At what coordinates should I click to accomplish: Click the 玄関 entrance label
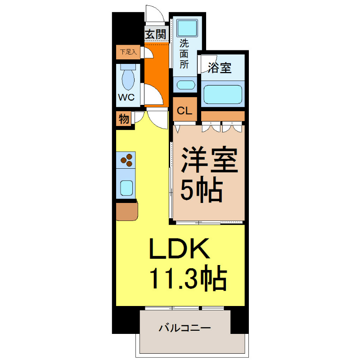pyautogui.click(x=156, y=34)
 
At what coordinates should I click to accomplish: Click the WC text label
pyautogui.click(x=126, y=97)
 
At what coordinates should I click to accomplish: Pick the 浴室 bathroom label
pyautogui.click(x=220, y=68)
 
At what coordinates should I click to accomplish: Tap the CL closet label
pyautogui.click(x=184, y=110)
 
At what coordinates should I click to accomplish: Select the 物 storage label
pyautogui.click(x=124, y=120)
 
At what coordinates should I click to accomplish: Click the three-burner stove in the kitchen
pyautogui.click(x=126, y=160)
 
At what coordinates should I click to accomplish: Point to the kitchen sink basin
pyautogui.click(x=126, y=186)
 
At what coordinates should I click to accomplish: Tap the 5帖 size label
pyautogui.click(x=202, y=191)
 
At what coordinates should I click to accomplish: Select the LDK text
pyautogui.click(x=180, y=248)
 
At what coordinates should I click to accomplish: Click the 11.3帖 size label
pyautogui.click(x=187, y=279)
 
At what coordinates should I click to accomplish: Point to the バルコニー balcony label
pyautogui.click(x=184, y=328)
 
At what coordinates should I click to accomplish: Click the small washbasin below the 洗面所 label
pyautogui.click(x=184, y=85)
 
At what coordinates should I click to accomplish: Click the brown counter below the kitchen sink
pyautogui.click(x=126, y=211)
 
